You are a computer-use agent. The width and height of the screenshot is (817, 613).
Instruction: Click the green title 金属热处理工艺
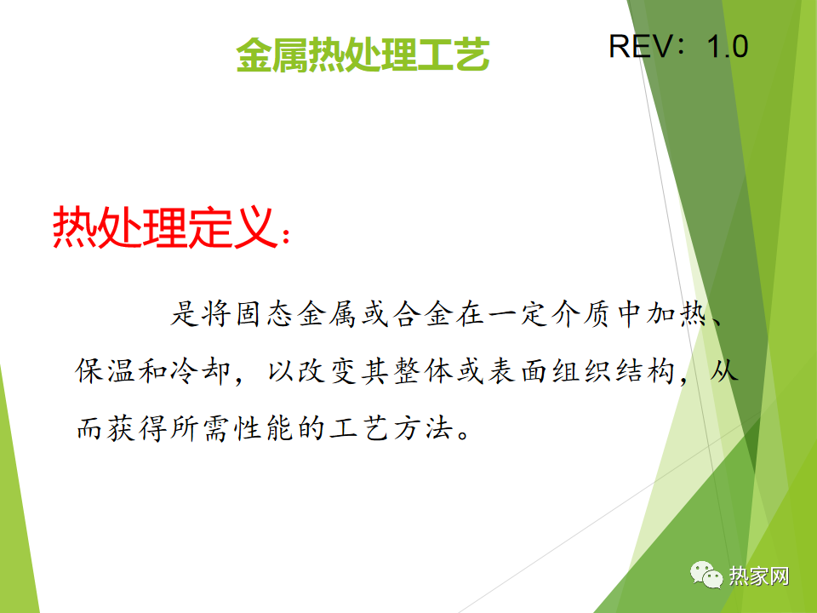coord(363,54)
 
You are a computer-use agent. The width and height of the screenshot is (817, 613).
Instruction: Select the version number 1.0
coord(728,46)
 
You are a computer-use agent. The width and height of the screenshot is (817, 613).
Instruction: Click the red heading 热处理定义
coord(163,226)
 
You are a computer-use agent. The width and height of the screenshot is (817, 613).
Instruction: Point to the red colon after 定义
coord(285,236)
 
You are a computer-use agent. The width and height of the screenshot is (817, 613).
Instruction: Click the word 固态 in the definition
coord(264,314)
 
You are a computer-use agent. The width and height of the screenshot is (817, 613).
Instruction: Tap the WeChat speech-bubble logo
coord(706,575)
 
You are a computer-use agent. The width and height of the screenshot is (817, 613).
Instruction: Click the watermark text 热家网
coord(758,576)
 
